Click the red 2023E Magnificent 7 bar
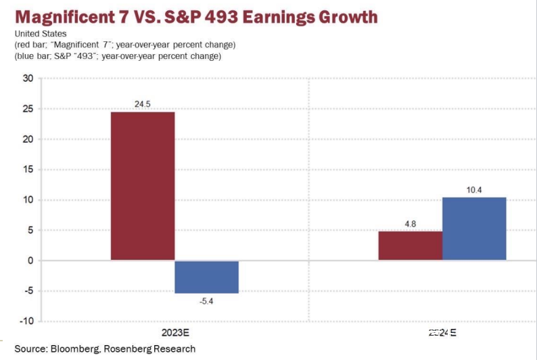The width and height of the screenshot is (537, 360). pos(143,186)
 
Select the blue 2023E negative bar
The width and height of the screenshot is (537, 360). pos(206,277)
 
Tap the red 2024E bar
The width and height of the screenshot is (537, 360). pos(410,246)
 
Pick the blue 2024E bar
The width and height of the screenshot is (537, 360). pos(474,229)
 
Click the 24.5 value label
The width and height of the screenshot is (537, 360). pos(143,105)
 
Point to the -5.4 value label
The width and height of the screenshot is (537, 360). pos(206,300)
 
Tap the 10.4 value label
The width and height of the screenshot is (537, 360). pos(474,190)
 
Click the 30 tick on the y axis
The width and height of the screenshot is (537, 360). pos(28,78)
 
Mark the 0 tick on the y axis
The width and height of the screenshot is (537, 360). pos(30,261)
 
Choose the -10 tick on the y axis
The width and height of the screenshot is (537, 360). pos(26,321)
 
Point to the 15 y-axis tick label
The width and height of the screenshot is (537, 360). pos(28,170)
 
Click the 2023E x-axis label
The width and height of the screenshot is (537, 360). pos(174,333)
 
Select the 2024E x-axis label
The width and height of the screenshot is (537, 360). pos(442,333)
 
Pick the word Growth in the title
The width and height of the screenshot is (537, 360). pos(348,17)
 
